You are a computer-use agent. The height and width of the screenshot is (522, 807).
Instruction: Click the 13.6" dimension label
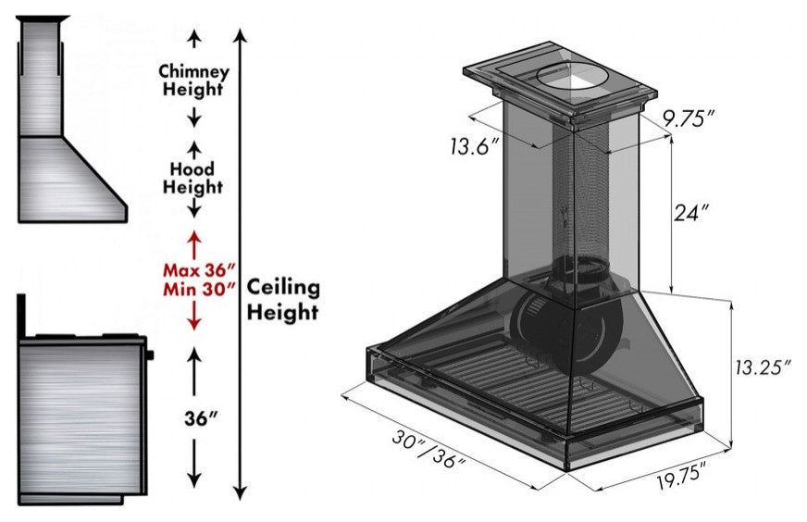tap(474, 146)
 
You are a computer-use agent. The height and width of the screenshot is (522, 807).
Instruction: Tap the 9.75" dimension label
tap(689, 118)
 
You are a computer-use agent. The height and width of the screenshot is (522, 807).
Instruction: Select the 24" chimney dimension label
tap(690, 212)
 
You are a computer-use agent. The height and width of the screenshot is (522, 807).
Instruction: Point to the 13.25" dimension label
tap(762, 367)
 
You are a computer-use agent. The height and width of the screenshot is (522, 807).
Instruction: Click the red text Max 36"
tap(199, 269)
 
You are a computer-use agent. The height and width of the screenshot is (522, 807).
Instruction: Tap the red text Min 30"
tap(199, 290)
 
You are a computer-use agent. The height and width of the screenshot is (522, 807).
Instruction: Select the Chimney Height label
tap(193, 80)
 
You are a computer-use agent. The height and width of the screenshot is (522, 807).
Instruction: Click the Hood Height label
tap(193, 178)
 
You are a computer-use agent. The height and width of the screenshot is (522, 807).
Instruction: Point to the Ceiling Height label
tap(283, 299)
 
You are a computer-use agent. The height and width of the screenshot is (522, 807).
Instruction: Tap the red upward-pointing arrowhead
tap(194, 238)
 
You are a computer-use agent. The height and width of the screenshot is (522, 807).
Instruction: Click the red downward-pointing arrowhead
tap(194, 323)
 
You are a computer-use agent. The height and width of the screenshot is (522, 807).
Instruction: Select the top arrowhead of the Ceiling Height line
tap(241, 36)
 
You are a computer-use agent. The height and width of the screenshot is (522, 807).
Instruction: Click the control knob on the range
tap(150, 354)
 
